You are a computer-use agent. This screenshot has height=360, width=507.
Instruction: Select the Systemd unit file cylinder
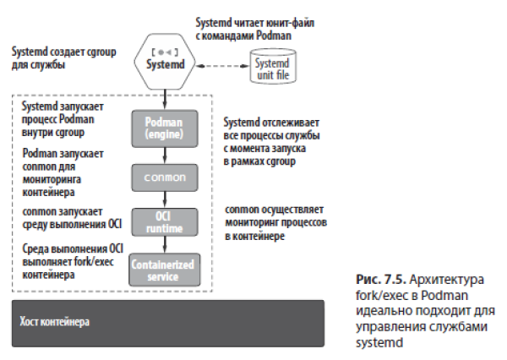click(272, 64)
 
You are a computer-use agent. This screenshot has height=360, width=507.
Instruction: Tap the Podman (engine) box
click(166, 128)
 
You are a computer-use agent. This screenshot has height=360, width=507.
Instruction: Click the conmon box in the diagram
click(166, 177)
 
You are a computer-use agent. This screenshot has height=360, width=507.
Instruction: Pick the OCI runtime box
click(166, 222)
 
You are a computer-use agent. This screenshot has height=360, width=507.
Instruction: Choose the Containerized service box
click(166, 270)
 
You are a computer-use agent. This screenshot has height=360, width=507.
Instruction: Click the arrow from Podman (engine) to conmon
click(166, 155)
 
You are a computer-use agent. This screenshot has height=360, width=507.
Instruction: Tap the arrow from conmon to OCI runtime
click(166, 199)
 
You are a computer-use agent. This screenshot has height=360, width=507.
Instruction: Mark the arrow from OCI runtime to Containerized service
click(166, 246)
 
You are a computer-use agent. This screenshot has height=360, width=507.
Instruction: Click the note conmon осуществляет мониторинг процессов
click(276, 222)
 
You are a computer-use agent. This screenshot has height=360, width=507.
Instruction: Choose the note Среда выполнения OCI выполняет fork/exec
click(63, 261)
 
